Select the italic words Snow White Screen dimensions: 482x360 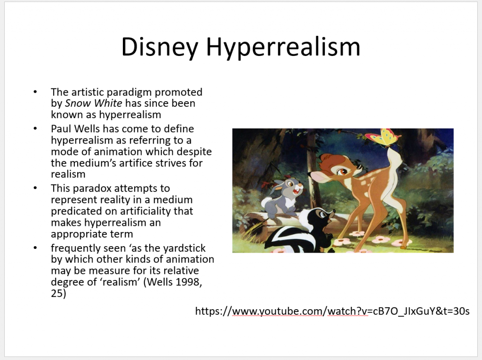tap(94, 104)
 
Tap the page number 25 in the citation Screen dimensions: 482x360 tap(58, 293)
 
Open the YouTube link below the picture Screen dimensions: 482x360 tap(332, 311)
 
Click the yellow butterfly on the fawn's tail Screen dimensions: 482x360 tap(383, 137)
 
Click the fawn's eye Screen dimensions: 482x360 tap(342, 171)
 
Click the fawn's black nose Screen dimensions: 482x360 tap(309, 174)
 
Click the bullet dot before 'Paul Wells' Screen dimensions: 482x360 tap(35, 128)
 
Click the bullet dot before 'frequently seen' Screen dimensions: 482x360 tap(35, 248)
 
